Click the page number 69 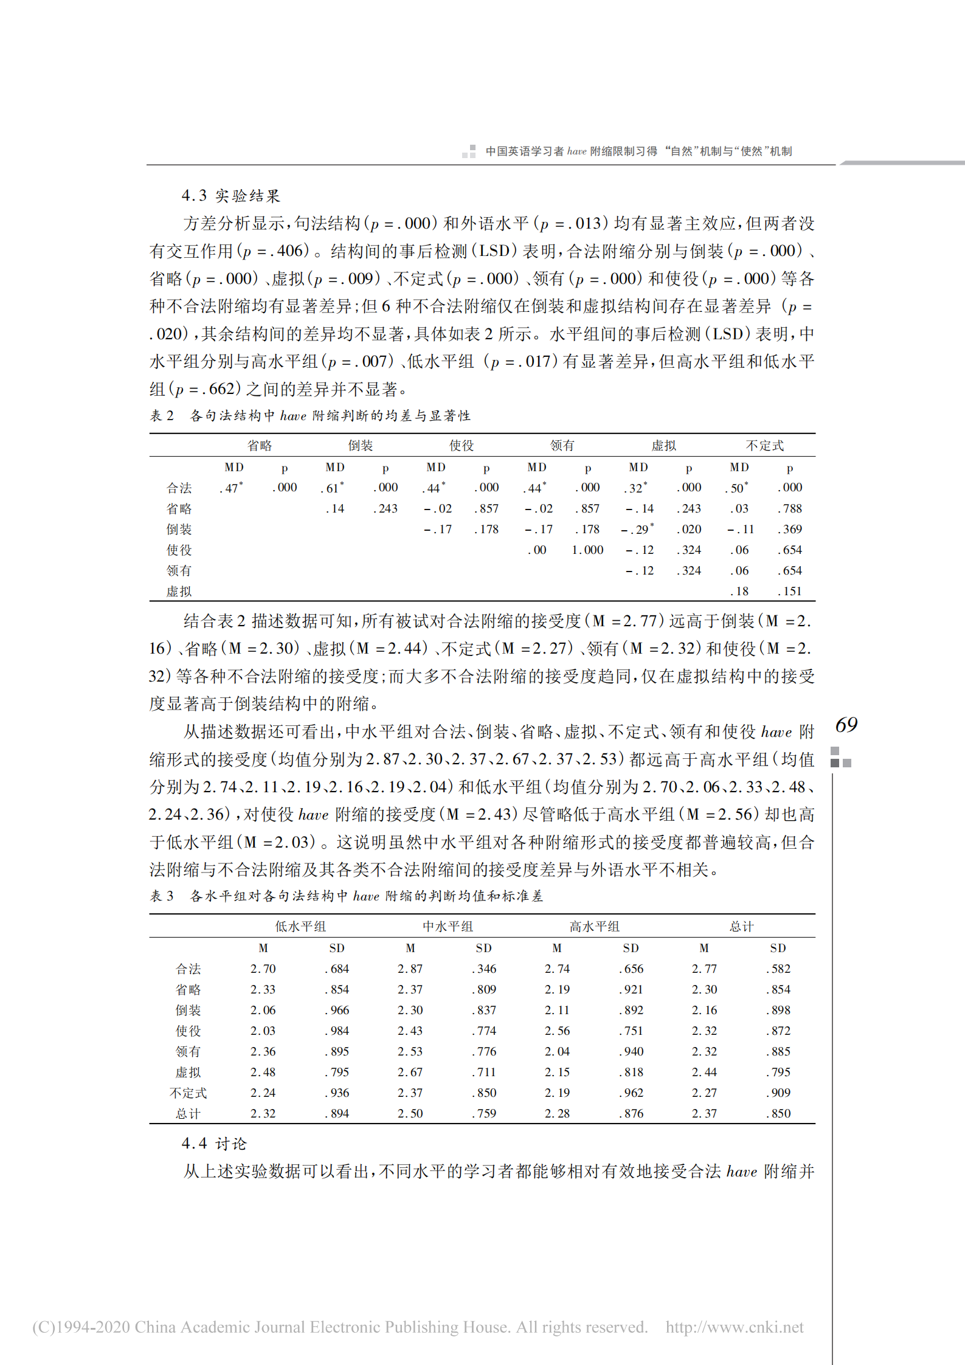[x=846, y=725]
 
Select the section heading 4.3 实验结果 [x=230, y=196]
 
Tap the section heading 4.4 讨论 [x=213, y=1144]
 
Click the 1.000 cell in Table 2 [x=587, y=550]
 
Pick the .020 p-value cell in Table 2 [x=689, y=529]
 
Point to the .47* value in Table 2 [x=232, y=488]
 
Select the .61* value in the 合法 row [x=333, y=488]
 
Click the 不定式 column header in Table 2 [x=764, y=446]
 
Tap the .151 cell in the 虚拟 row [x=790, y=591]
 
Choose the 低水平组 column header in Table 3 [x=300, y=927]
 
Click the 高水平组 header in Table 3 [x=594, y=927]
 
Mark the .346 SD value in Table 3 [x=484, y=969]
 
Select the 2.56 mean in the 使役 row [x=557, y=1031]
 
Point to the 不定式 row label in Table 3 [x=188, y=1093]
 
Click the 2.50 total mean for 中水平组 [x=410, y=1113]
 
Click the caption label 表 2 [x=162, y=416]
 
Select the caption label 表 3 [x=162, y=896]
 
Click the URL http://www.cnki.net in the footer [x=734, y=1327]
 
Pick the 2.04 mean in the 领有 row [x=557, y=1051]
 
